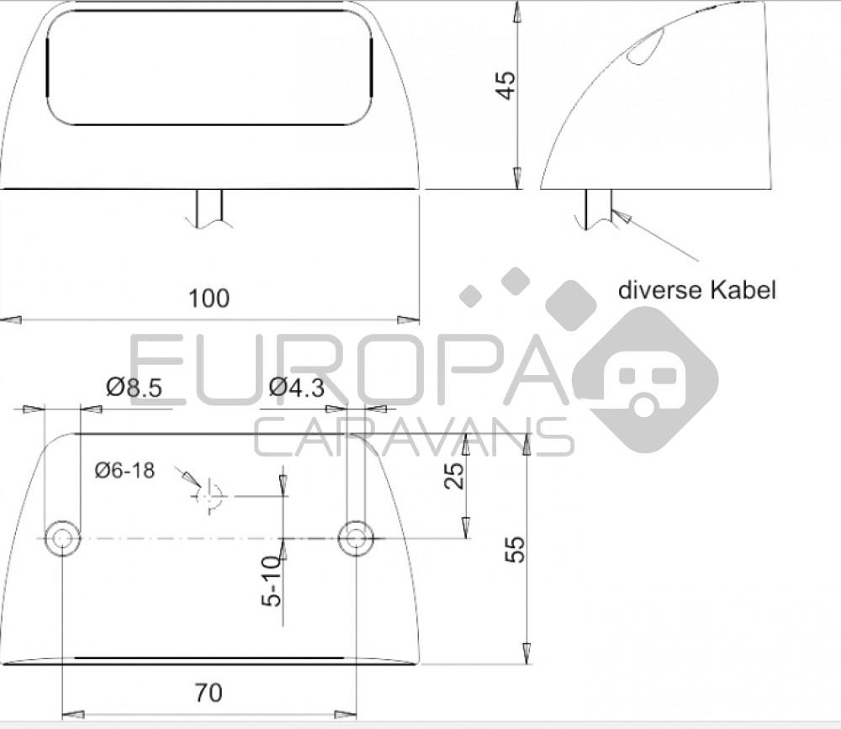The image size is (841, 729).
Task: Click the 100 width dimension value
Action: [209, 298]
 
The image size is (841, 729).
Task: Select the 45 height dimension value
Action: [505, 85]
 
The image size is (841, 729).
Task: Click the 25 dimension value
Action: [453, 476]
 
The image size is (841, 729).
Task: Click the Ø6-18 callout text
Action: [124, 471]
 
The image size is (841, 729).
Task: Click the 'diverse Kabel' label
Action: [696, 291]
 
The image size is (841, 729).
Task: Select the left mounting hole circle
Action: [62, 538]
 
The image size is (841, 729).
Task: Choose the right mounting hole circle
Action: [356, 538]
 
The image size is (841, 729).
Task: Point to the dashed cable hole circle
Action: [209, 496]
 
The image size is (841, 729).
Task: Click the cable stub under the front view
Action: [209, 209]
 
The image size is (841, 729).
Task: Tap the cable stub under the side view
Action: [597, 209]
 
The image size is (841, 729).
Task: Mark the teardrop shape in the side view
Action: [646, 48]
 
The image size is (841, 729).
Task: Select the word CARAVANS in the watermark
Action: [412, 437]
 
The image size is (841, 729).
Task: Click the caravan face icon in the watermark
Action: [646, 378]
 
